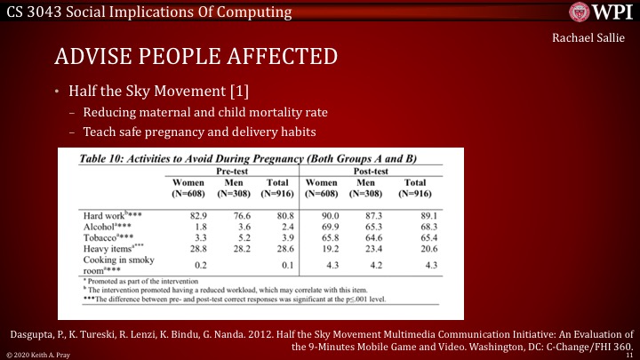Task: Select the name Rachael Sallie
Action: point(588,39)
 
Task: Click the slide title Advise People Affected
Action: point(196,57)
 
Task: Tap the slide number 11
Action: point(628,354)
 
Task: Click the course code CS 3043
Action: point(36,12)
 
